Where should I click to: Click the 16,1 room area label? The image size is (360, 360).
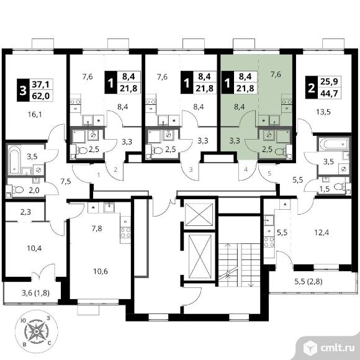[35, 114]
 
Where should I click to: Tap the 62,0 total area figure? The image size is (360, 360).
[41, 96]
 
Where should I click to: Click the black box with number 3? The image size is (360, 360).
[23, 90]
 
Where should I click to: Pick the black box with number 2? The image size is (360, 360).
[312, 88]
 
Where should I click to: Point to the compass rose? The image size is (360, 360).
[36, 331]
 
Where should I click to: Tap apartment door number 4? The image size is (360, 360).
[246, 169]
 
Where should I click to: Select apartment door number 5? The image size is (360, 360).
[269, 173]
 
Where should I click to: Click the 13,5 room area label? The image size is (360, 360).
[323, 112]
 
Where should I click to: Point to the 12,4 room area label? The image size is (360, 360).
[322, 233]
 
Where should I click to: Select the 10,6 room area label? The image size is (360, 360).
[101, 271]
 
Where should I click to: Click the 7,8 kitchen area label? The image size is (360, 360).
[97, 228]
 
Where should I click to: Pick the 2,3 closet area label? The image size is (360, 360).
[25, 212]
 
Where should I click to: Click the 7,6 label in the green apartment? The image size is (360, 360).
[276, 74]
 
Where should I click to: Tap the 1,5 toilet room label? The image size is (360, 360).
[325, 189]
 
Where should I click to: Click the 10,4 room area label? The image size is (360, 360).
[34, 248]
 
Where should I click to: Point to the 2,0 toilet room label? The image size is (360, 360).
[34, 191]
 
